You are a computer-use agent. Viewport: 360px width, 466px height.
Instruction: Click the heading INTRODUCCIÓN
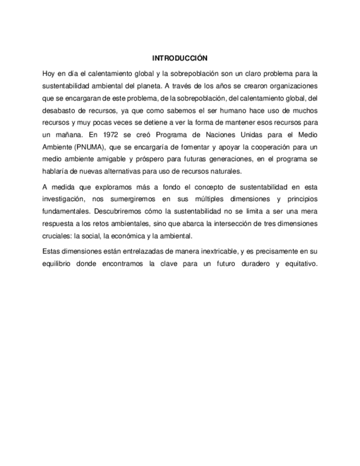point(180,57)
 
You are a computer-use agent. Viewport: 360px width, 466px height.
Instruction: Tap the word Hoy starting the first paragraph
point(48,73)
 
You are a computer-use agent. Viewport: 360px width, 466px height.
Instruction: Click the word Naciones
point(219,134)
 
